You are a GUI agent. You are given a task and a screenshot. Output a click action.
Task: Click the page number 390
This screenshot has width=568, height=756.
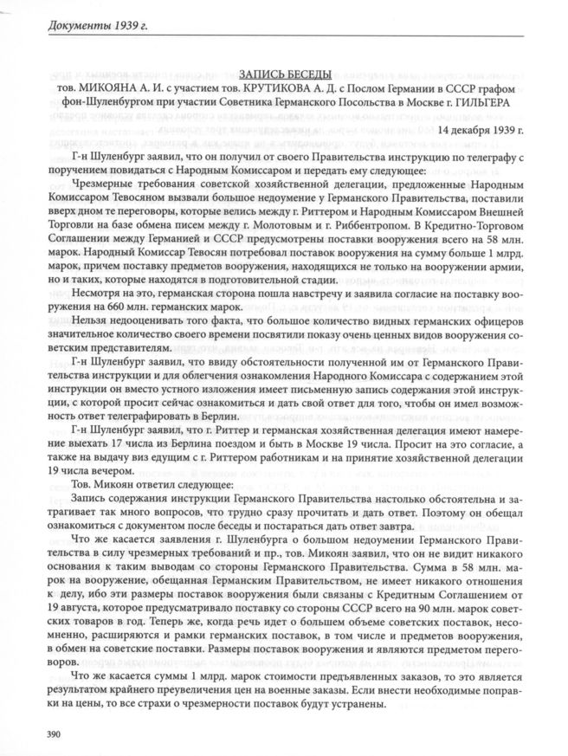(41, 735)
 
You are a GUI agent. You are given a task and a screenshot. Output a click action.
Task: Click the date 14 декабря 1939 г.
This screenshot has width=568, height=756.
(481, 130)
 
